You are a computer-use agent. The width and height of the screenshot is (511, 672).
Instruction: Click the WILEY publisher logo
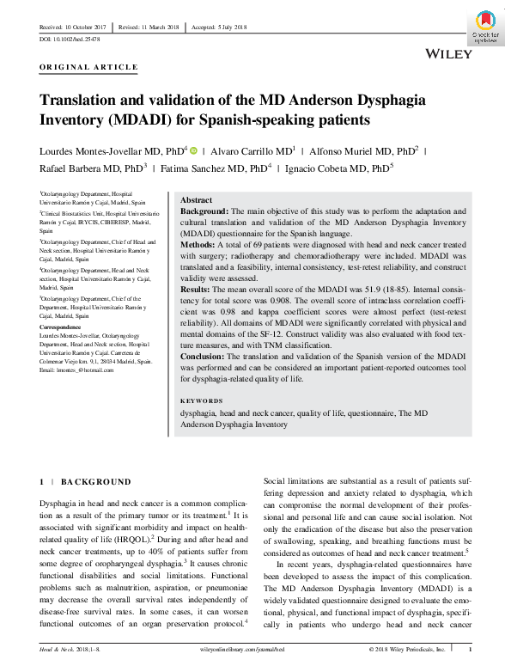(448, 54)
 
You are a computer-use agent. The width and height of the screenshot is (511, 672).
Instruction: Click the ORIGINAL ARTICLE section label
(88, 67)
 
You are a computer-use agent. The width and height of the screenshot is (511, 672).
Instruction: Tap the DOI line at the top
(70, 40)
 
